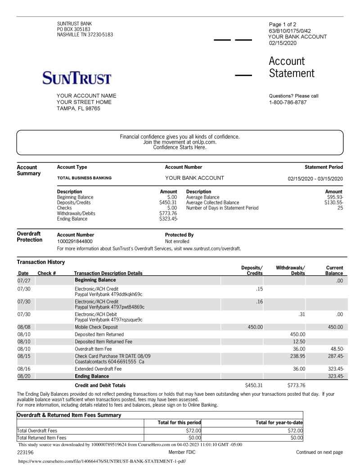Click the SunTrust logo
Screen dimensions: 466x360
click(76, 78)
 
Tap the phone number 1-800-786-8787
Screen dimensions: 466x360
click(288, 102)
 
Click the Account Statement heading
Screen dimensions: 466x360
click(292, 67)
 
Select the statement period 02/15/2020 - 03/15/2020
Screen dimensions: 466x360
click(315, 178)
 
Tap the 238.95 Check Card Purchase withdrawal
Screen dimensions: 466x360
click(297, 356)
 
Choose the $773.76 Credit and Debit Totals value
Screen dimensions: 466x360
click(296, 385)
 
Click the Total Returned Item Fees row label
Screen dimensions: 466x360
click(41, 437)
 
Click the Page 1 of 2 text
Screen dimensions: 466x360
click(282, 24)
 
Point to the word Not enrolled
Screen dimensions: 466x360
click(177, 241)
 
